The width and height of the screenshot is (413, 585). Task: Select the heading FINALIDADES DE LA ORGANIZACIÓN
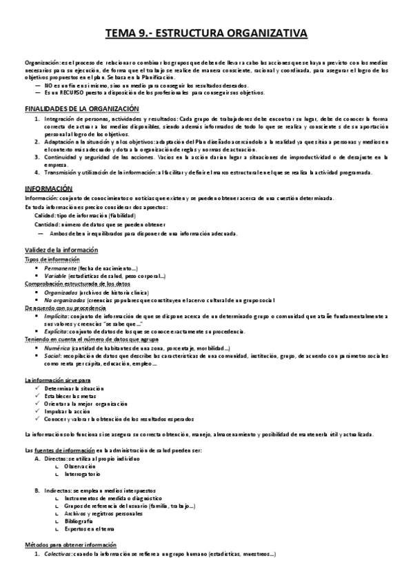point(82,109)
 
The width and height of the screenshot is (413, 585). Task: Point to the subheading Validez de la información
point(61,249)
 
